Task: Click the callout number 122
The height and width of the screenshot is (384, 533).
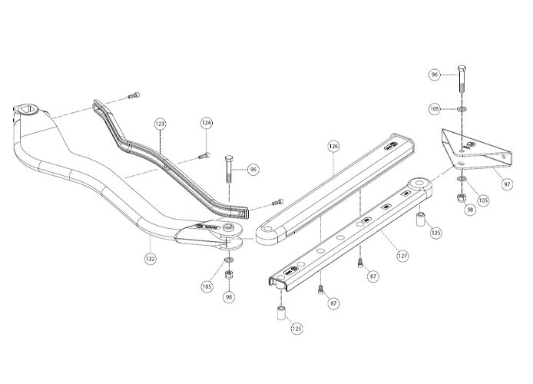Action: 150,259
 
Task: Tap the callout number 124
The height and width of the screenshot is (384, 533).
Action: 207,123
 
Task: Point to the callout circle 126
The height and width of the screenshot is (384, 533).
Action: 333,145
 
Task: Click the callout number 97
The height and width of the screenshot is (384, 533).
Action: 506,184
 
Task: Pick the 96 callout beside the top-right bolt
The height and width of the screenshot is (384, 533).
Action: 434,74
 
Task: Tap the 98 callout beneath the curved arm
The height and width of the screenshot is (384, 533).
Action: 228,296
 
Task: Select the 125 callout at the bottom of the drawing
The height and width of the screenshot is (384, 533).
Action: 296,329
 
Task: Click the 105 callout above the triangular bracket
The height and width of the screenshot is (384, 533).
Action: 434,110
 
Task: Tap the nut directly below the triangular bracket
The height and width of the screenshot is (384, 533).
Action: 459,199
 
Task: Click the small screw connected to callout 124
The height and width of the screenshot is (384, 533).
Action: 204,154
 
